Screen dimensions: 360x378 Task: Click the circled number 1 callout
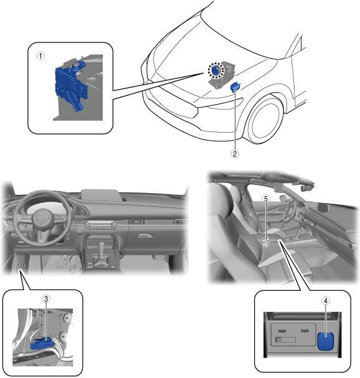pyautogui.click(x=40, y=56)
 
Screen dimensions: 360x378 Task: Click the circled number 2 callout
pyautogui.click(x=235, y=154)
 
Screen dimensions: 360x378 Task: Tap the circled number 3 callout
pyautogui.click(x=46, y=299)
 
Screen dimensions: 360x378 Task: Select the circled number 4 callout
pyautogui.click(x=326, y=301)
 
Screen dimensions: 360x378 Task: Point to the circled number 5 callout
pyautogui.click(x=266, y=199)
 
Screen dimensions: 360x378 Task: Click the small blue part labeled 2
pyautogui.click(x=235, y=87)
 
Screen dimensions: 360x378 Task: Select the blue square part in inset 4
pyautogui.click(x=326, y=341)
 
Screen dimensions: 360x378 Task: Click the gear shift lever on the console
pyautogui.click(x=102, y=251)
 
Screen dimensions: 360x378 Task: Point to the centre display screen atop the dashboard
pyautogui.click(x=100, y=195)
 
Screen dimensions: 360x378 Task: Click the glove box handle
pyautogui.click(x=145, y=235)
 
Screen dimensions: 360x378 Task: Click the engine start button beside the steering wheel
pyautogui.click(x=79, y=230)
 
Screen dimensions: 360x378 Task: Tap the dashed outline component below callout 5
pyautogui.click(x=265, y=242)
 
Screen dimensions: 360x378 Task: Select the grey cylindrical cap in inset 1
pyautogui.click(x=77, y=65)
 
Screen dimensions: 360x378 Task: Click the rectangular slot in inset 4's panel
pyautogui.click(x=285, y=339)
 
